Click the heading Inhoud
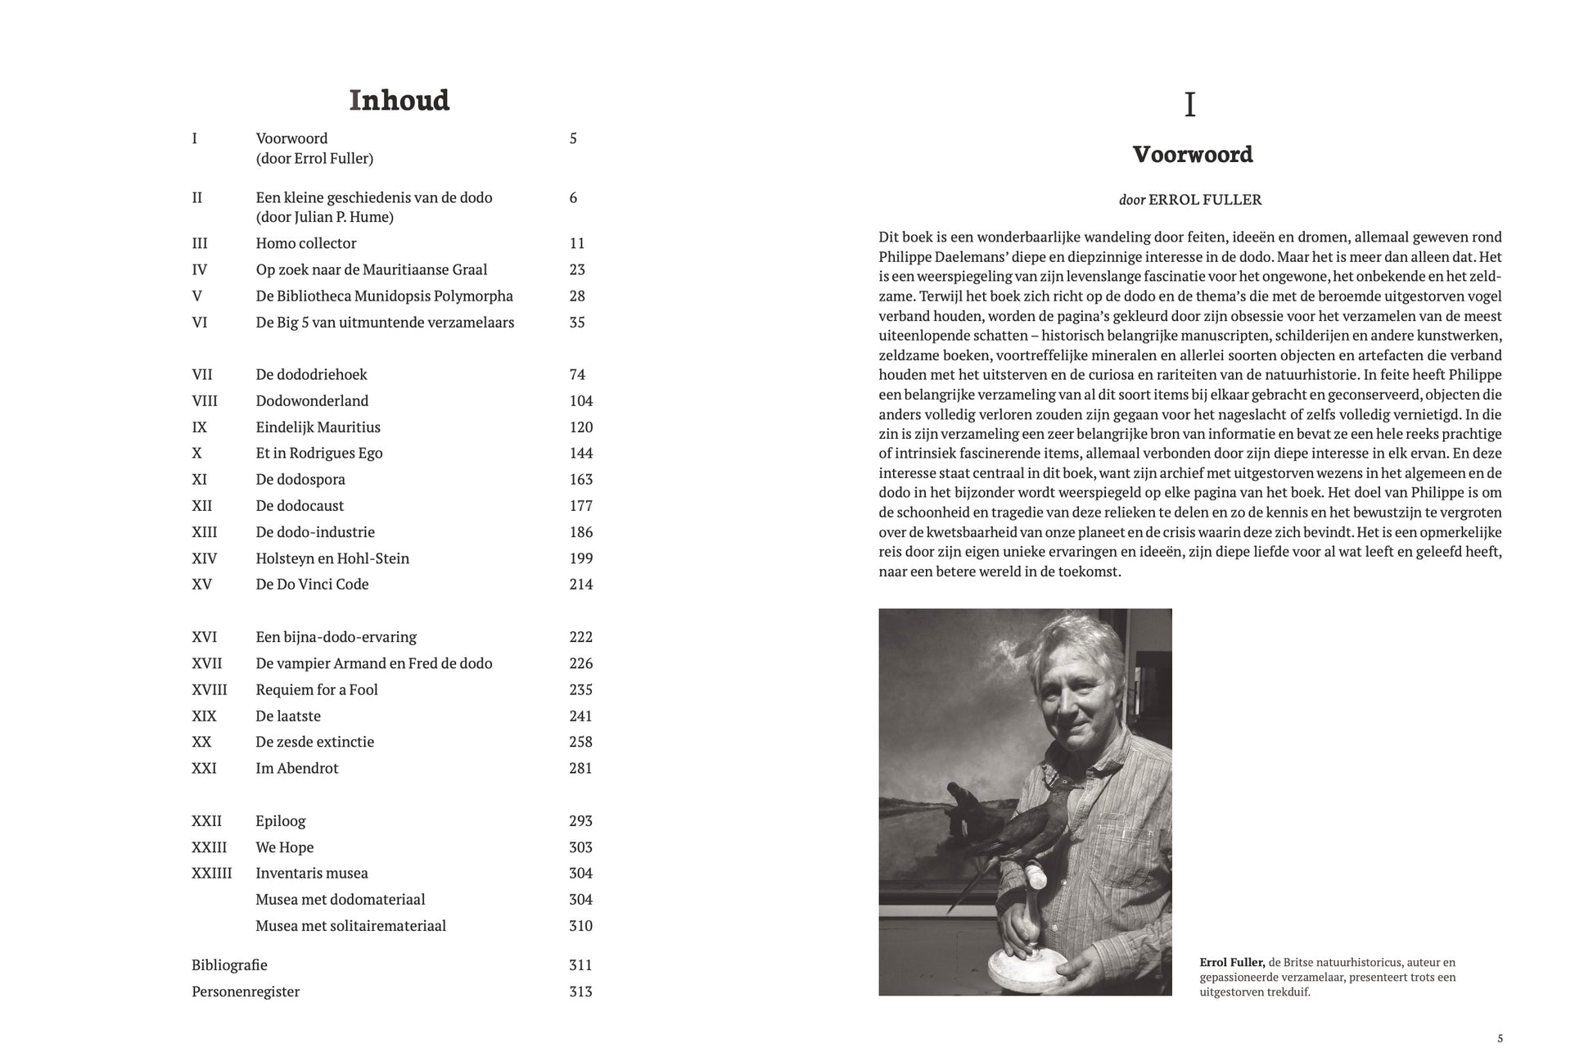[399, 101]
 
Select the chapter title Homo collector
[306, 243]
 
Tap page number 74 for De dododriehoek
[577, 374]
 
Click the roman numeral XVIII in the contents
[210, 689]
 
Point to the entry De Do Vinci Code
[312, 584]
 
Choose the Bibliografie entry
[229, 964]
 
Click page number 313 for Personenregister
[580, 991]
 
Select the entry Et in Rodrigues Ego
[319, 453]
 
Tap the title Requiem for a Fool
[317, 689]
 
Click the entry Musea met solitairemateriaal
[350, 925]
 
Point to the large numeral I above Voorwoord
[1190, 105]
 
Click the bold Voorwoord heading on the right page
[1192, 155]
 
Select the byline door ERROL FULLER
[1190, 199]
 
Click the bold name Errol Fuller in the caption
[1232, 962]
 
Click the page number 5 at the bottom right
[1500, 1038]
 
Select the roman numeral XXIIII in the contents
[211, 873]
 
